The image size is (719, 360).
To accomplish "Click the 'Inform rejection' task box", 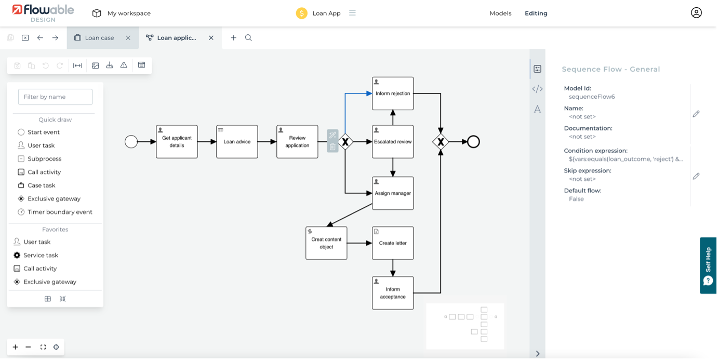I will pyautogui.click(x=393, y=94).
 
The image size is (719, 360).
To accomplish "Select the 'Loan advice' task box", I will pyautogui.click(x=237, y=142).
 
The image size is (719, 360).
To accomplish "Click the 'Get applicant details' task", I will pyautogui.click(x=177, y=142).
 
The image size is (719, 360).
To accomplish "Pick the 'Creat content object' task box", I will pyautogui.click(x=326, y=243).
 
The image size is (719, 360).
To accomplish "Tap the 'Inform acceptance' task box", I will pyautogui.click(x=393, y=293).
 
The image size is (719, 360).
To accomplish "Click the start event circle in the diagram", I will pyautogui.click(x=131, y=142).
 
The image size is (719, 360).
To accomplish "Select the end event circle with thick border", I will pyautogui.click(x=473, y=142).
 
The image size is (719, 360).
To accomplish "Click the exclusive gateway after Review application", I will pyautogui.click(x=345, y=142).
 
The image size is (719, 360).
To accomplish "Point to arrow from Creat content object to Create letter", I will pyautogui.click(x=359, y=243).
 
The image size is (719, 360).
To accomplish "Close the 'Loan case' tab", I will pyautogui.click(x=128, y=38).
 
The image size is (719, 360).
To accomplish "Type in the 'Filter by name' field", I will pyautogui.click(x=55, y=97).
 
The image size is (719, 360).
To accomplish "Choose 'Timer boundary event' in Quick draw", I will pyautogui.click(x=60, y=212).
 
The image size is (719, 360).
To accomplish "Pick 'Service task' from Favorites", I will pyautogui.click(x=41, y=255).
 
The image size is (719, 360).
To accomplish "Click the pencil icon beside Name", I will pyautogui.click(x=696, y=114).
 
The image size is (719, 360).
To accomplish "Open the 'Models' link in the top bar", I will pyautogui.click(x=500, y=14).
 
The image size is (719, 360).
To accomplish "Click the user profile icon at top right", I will pyautogui.click(x=696, y=13).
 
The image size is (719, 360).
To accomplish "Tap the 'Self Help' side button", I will pyautogui.click(x=709, y=265).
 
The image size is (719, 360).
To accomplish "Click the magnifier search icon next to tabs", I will pyautogui.click(x=248, y=38).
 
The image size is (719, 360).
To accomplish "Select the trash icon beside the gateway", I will pyautogui.click(x=333, y=147).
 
